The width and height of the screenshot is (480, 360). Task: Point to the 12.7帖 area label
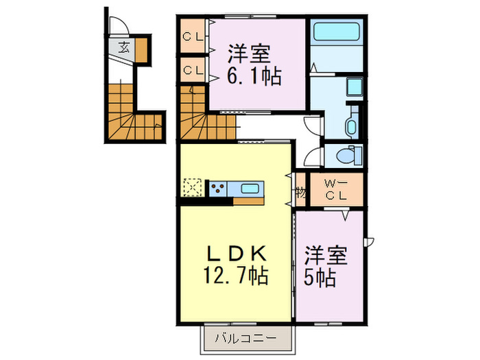pos(235,276)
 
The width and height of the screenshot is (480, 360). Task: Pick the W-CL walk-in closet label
pos(335,190)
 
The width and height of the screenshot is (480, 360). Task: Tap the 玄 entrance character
pos(123,48)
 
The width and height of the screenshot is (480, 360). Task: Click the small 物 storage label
pos(300,191)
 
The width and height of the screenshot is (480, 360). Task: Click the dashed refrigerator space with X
pos(191,187)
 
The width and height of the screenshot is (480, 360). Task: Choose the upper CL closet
pos(192,37)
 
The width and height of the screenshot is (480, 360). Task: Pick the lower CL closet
pos(192,69)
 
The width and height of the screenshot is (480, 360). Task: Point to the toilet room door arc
pos(313,156)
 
